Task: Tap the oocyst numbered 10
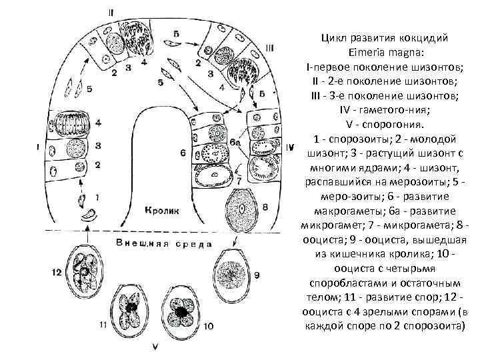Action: click(x=180, y=310)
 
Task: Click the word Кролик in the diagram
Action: click(x=162, y=209)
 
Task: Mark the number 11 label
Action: click(x=103, y=325)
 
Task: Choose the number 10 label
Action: click(x=209, y=326)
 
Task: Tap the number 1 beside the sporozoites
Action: click(x=97, y=197)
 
